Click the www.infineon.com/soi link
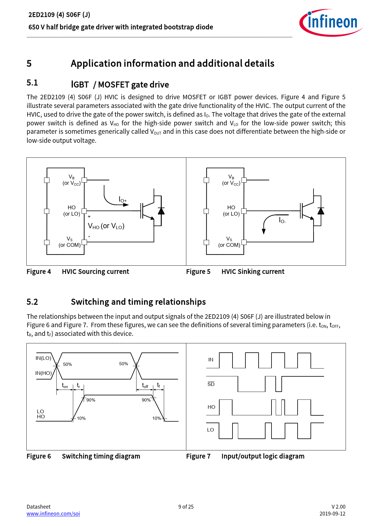coord(53,513)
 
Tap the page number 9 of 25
coord(186,507)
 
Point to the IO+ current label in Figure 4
coord(123,200)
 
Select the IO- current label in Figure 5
coord(282,220)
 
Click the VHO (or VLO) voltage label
coord(106,226)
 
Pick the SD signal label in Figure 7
coord(211,384)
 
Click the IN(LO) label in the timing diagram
coord(43,358)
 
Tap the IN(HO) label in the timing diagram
coord(43,373)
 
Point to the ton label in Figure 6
coord(65,386)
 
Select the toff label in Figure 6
coord(145,386)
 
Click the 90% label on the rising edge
coord(91,400)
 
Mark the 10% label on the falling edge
coord(157,418)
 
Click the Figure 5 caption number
coord(198,272)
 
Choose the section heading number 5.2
coord(32,302)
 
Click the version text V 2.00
coord(338,507)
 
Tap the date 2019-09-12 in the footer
coord(332,513)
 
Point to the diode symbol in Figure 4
coord(161,211)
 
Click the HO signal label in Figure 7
coord(211,407)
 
